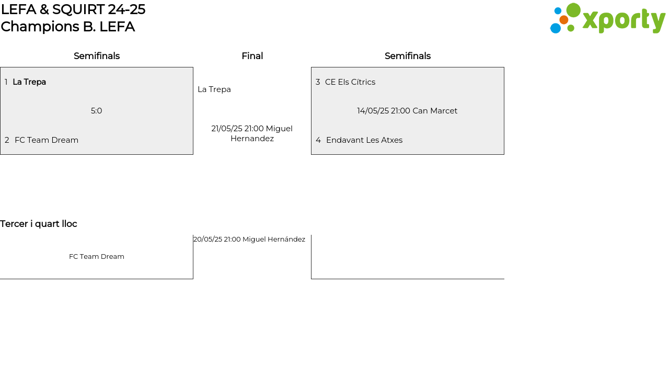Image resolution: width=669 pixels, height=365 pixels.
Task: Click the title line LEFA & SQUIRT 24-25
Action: [73, 9]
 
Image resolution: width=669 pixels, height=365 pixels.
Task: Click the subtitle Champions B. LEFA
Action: [68, 27]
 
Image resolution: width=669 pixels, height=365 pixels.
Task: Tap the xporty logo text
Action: [624, 20]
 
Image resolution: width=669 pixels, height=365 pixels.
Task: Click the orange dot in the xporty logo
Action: [564, 20]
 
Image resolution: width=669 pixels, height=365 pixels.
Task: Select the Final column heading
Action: [252, 56]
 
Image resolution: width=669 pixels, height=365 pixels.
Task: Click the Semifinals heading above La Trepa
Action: [97, 56]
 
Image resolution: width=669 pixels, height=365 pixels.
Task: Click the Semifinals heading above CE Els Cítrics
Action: [408, 56]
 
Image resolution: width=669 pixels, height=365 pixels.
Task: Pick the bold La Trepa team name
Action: [29, 82]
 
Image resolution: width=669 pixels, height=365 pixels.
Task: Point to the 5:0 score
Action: [97, 111]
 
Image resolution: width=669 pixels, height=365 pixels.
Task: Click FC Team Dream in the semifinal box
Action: [47, 140]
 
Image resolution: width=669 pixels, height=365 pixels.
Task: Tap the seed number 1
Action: [6, 82]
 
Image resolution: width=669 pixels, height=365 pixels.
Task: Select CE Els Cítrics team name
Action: [350, 82]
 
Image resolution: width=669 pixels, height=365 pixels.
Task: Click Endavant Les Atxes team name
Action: [364, 140]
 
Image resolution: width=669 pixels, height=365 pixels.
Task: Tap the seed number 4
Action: [318, 140]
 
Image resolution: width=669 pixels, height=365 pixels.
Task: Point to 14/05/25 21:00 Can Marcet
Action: [407, 111]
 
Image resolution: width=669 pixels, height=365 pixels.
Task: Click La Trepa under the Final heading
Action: [214, 89]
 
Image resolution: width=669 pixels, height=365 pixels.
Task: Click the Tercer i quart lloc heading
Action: [39, 224]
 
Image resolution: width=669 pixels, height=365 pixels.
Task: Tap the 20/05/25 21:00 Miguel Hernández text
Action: [249, 239]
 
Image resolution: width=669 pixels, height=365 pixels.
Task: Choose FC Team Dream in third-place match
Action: [97, 257]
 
